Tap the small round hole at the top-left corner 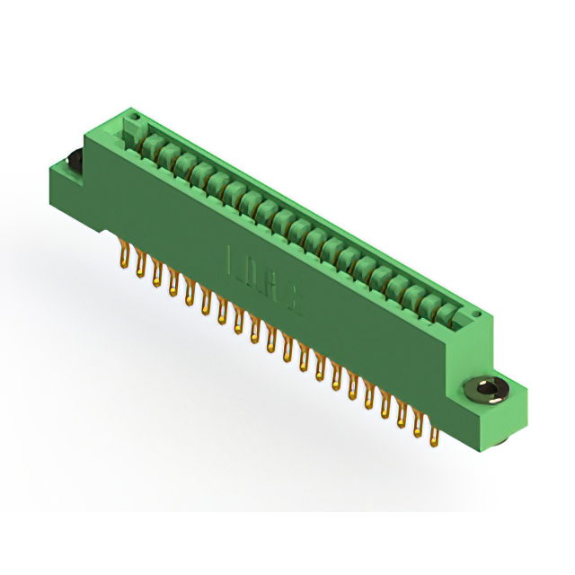134,118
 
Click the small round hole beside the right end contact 476,312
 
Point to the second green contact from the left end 166,154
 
